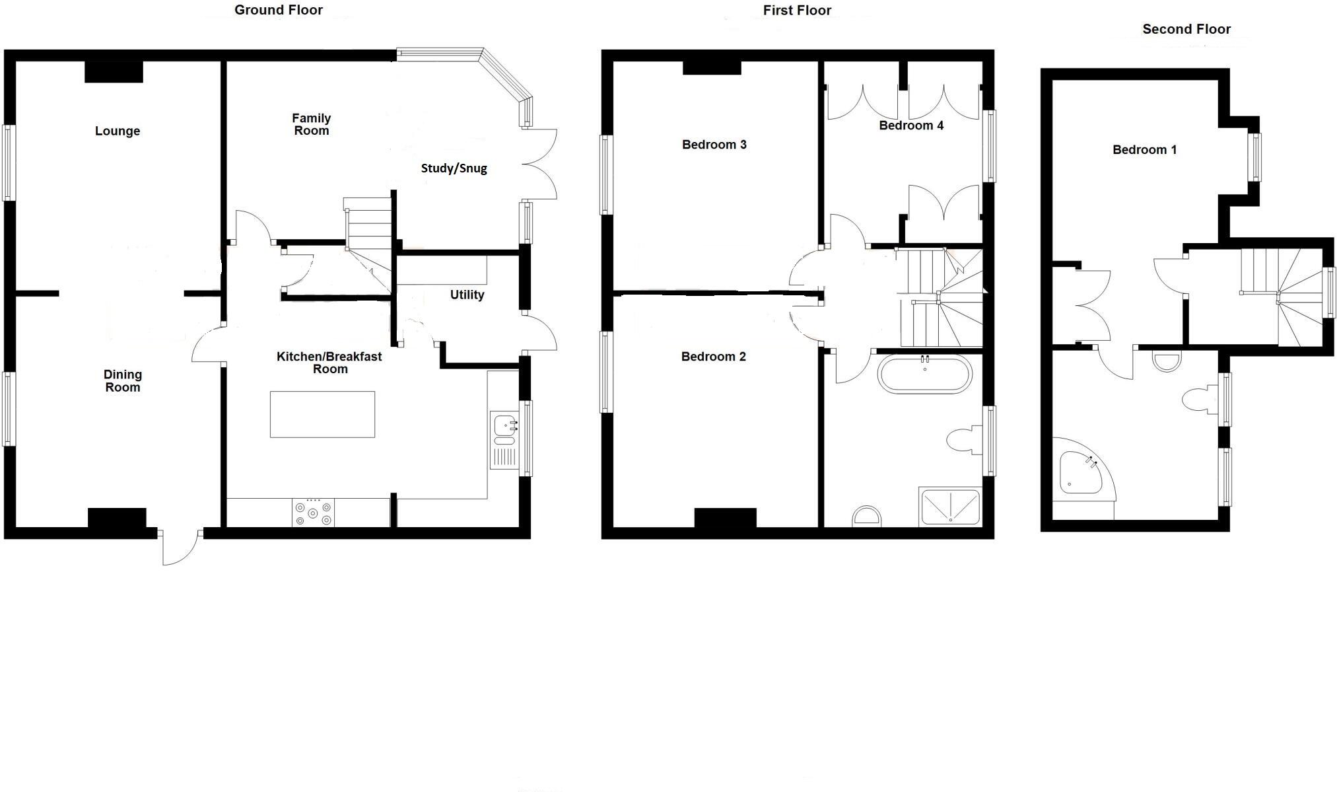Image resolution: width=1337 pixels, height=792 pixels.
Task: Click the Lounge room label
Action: coord(118,131)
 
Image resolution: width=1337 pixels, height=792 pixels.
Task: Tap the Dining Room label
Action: coord(123,381)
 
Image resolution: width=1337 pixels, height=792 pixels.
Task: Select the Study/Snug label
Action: coord(454,168)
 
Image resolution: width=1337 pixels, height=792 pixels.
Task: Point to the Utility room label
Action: coord(467,295)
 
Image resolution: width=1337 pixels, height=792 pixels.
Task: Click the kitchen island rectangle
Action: coord(322,414)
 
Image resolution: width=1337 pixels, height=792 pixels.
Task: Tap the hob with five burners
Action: coord(313,513)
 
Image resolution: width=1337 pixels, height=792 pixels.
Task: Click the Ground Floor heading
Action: coord(279,10)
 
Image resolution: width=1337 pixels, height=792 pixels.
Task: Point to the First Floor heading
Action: coord(797,10)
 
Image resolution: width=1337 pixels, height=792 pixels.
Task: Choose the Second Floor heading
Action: coord(1186,29)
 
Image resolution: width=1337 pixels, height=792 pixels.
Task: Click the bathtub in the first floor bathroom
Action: coord(924,375)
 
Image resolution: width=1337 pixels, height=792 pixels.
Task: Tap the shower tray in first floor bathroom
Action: coord(949,507)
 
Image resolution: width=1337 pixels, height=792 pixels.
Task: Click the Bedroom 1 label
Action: coord(1144,150)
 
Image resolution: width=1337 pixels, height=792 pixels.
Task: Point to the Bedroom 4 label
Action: coord(911,126)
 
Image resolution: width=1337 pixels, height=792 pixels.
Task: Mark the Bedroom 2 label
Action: coord(713,357)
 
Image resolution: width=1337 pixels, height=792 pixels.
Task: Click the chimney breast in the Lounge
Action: coord(114,72)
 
